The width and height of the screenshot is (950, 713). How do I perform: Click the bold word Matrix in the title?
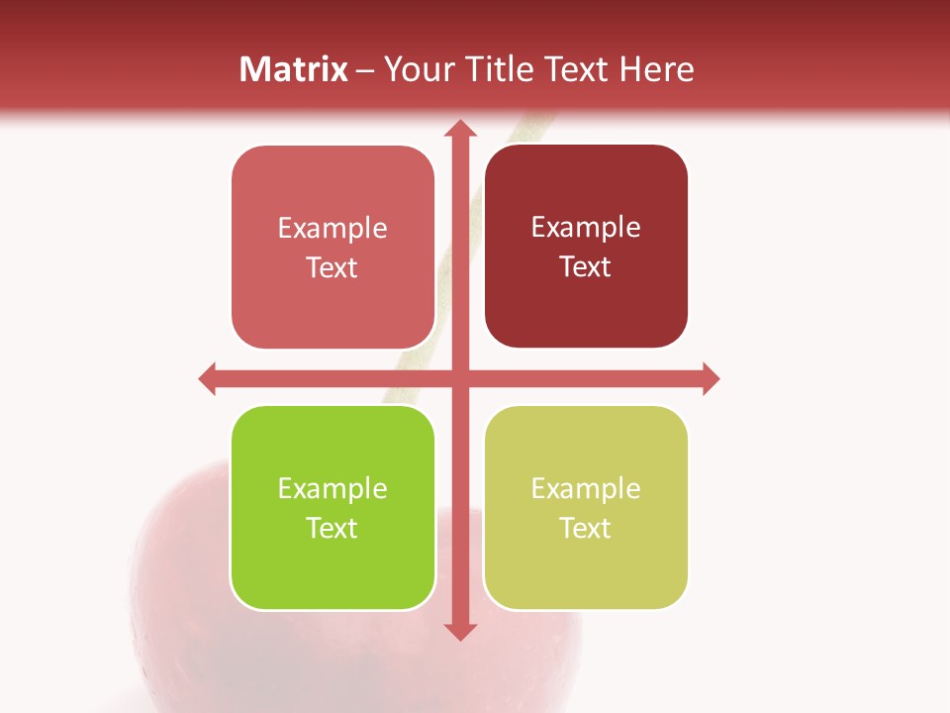click(x=294, y=69)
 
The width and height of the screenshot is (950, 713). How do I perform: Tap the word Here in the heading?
click(x=656, y=69)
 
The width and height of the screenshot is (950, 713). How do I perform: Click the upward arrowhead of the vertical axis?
click(x=459, y=129)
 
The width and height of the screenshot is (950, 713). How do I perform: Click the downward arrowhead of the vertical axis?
click(x=459, y=631)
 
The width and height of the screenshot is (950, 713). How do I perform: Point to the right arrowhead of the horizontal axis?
click(x=710, y=378)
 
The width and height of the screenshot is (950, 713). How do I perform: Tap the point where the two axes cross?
click(x=459, y=378)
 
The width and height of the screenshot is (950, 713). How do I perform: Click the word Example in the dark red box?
click(x=586, y=228)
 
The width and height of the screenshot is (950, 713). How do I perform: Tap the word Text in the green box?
click(x=332, y=528)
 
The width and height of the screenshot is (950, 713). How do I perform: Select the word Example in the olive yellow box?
click(x=586, y=488)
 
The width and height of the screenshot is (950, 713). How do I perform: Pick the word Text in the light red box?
click(x=332, y=267)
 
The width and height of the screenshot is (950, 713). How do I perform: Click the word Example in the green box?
click(x=332, y=488)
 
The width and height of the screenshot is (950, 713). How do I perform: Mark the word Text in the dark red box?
click(x=586, y=266)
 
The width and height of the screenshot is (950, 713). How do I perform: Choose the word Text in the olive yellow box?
click(x=586, y=528)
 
